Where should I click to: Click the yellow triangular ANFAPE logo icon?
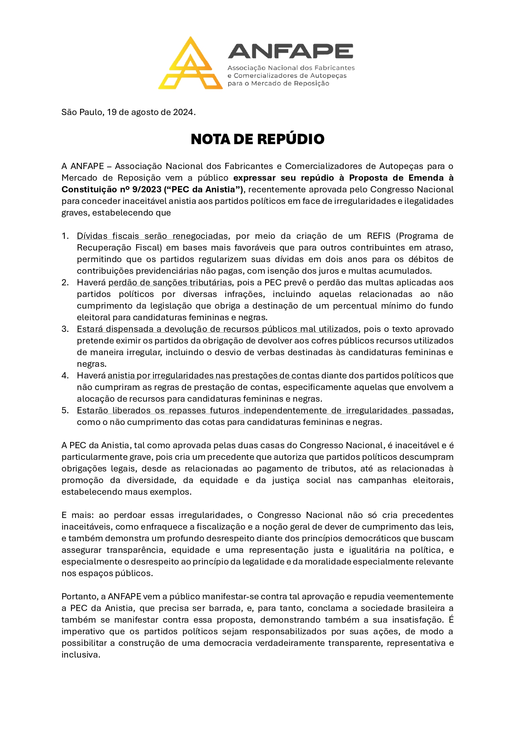point(190,64)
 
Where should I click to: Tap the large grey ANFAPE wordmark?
point(290,51)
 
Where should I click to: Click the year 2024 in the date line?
point(183,112)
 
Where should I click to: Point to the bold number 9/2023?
point(146,189)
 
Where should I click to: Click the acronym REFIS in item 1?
point(378,236)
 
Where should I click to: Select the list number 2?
point(65,282)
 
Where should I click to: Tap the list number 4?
point(65,376)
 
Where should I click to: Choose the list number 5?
point(65,410)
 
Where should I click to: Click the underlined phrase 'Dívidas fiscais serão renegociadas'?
point(152,236)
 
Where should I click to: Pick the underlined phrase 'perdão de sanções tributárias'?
point(170,282)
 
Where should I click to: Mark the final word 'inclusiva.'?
point(81,655)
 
